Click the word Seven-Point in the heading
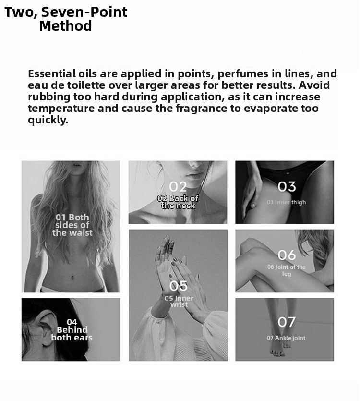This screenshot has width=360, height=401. pos(84,12)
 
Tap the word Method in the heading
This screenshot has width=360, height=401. pos(65,26)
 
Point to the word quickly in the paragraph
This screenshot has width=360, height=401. pos(48,120)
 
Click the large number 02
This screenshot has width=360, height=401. pos(178,187)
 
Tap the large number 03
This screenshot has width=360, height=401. pos(287,186)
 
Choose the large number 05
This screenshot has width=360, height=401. pos(178,286)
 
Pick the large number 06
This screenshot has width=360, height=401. pos(287,255)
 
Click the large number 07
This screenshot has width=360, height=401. pos(287,322)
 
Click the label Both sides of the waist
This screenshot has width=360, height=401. pos(72,225)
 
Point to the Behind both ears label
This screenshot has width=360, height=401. pos(72,330)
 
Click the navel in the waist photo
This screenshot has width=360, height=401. pos(72,277)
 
